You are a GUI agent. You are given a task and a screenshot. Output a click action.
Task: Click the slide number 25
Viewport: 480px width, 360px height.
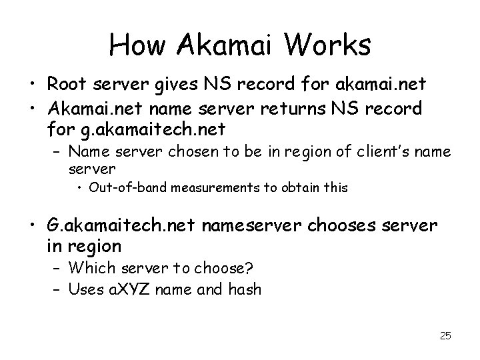coord(445,336)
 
